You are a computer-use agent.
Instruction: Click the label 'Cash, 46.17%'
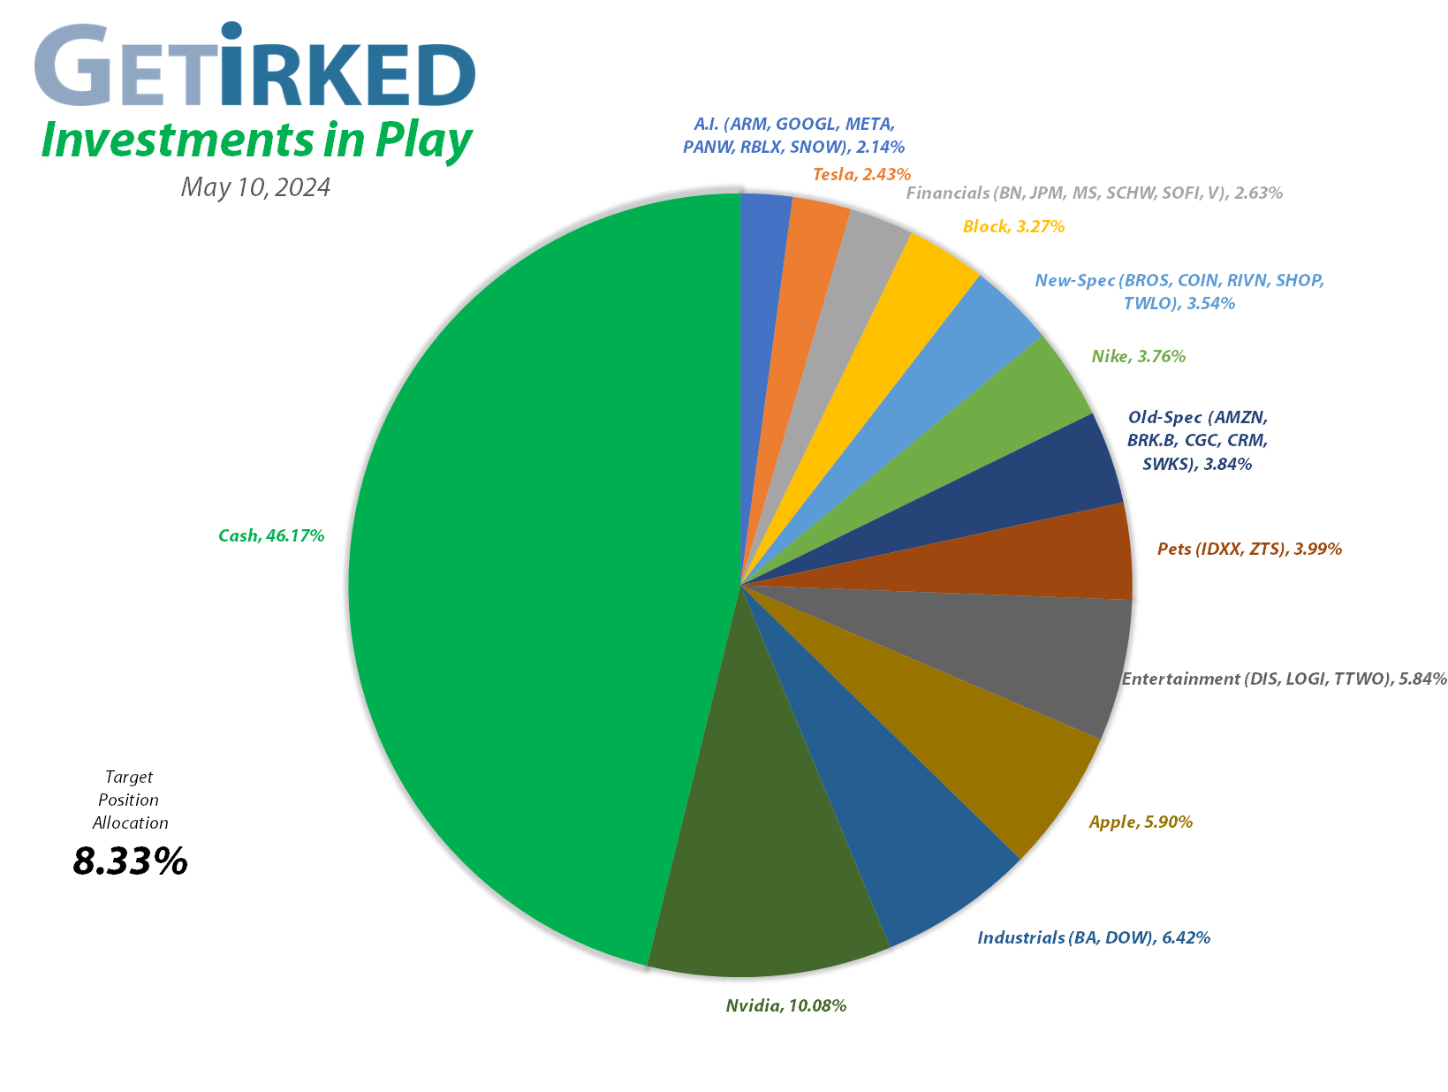click(271, 535)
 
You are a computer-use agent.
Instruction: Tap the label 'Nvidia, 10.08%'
click(785, 1005)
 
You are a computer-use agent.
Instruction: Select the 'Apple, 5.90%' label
click(1141, 823)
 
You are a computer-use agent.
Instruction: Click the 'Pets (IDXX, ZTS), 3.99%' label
click(1249, 550)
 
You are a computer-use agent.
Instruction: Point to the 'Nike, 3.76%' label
click(1138, 357)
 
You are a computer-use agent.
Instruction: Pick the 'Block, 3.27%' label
click(1013, 227)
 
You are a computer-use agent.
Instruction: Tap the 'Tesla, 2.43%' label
click(861, 175)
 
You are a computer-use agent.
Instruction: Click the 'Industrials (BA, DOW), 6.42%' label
click(1093, 937)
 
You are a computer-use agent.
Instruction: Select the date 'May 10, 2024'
click(255, 187)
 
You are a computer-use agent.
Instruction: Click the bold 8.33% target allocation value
click(130, 861)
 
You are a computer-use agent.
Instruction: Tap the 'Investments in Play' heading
click(256, 141)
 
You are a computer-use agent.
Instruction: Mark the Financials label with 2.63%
click(1094, 193)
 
